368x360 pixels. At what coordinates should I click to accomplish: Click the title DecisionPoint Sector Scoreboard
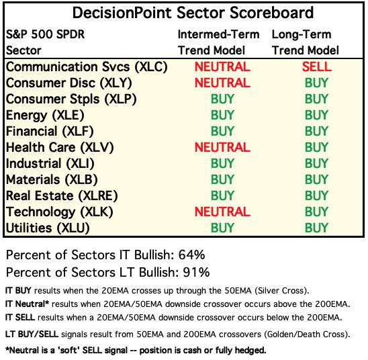click(x=193, y=13)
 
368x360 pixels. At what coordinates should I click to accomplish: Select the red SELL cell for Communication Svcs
click(x=316, y=67)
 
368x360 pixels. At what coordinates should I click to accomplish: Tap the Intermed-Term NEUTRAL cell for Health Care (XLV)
click(x=222, y=147)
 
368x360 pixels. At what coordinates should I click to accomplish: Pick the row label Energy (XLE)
click(x=45, y=116)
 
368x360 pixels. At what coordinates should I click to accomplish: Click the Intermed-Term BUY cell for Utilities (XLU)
click(x=222, y=228)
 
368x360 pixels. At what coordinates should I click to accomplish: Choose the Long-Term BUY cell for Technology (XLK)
click(x=316, y=212)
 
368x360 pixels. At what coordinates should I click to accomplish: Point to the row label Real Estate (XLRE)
click(x=62, y=196)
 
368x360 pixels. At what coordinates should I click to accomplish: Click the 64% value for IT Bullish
click(x=191, y=255)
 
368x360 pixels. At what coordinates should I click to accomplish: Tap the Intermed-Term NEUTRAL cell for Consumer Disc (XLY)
click(x=222, y=83)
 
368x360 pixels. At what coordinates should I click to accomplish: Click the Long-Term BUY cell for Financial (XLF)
click(x=316, y=131)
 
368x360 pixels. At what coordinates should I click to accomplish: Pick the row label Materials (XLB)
click(x=52, y=180)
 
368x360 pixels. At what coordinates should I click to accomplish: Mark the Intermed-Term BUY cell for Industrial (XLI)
click(x=222, y=164)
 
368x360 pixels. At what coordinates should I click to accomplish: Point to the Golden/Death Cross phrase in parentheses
click(x=305, y=334)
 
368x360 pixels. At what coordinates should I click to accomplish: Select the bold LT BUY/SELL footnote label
click(x=32, y=334)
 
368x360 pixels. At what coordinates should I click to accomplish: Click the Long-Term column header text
click(x=302, y=34)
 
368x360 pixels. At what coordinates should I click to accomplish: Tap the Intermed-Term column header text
click(x=218, y=34)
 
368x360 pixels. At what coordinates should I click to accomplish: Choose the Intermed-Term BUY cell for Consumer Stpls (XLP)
click(x=222, y=99)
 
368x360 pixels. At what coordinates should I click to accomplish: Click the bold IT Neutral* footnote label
click(x=27, y=304)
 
